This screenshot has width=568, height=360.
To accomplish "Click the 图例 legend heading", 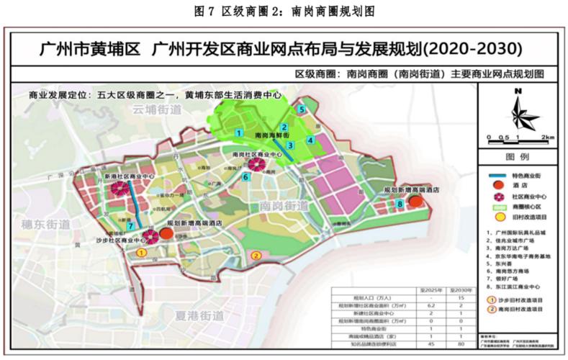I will tap(518, 156).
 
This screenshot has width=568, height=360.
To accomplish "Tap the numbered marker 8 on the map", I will tap(400, 204).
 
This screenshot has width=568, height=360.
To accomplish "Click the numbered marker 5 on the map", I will tap(302, 109).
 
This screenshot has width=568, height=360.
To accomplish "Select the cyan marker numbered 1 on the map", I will tap(238, 132).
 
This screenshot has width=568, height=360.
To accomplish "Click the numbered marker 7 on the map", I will tap(130, 227).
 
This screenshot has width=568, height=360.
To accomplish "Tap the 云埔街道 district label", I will tap(156, 109).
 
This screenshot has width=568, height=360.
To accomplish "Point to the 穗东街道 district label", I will tap(46, 224).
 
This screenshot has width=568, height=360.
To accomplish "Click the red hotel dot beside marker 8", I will tap(415, 202).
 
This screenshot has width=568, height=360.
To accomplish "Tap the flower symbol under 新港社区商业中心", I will tap(120, 189).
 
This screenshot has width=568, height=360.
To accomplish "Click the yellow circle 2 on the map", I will tap(255, 255).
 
